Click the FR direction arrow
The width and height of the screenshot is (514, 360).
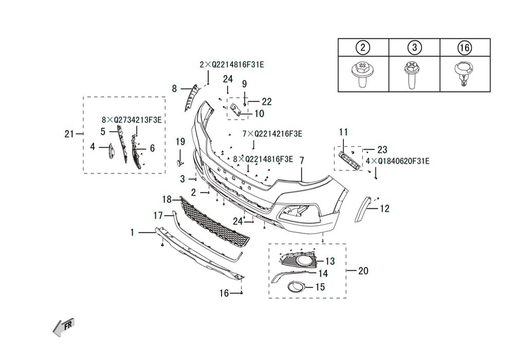point(64,327)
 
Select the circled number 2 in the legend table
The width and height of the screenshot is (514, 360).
point(363,48)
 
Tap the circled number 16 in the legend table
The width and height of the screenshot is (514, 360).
point(464,48)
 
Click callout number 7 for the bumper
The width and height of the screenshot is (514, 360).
point(302,160)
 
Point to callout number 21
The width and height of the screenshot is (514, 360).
point(69,134)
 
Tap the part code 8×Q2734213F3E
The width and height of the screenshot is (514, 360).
point(132,120)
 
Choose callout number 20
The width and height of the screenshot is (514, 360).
point(363,270)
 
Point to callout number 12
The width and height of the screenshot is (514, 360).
point(384,208)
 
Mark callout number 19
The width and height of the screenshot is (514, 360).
point(180,141)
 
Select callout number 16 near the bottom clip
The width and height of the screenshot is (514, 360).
point(224,293)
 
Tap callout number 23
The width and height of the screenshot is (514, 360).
point(382,150)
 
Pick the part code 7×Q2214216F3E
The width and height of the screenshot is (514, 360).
point(272,134)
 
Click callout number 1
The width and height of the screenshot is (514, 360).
point(132,232)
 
